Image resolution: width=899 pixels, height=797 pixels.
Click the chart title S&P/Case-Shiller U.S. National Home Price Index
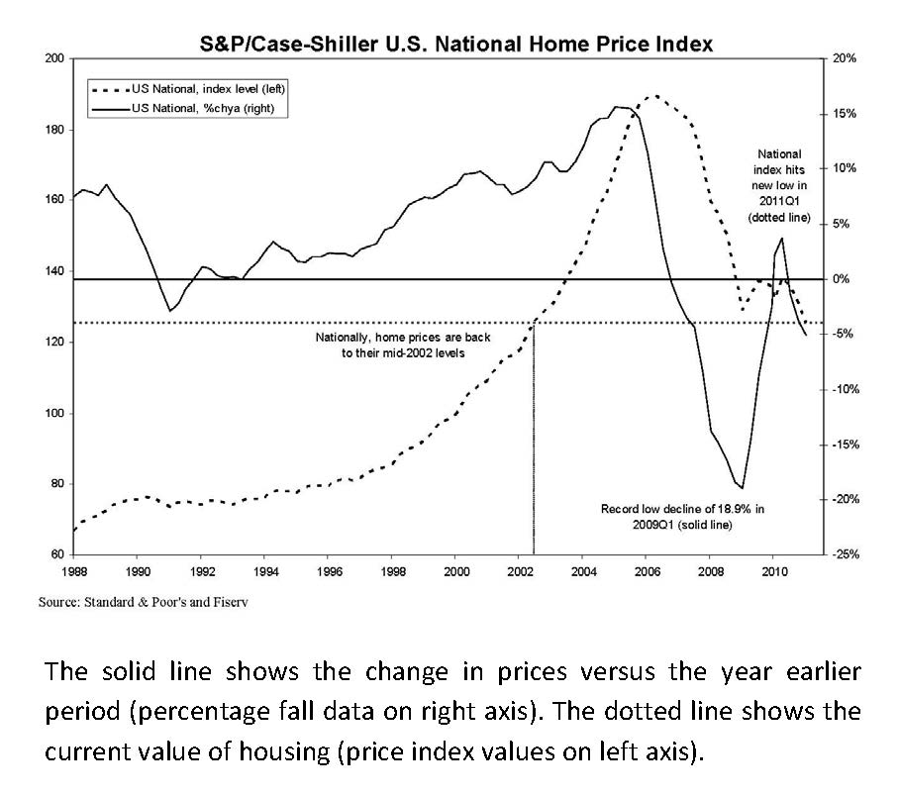click(450, 45)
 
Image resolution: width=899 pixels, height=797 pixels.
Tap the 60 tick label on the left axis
click(56, 555)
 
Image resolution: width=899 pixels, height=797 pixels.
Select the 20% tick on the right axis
click(845, 59)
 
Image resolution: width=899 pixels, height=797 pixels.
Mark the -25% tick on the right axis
click(845, 555)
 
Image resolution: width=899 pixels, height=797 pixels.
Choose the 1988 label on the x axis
click(74, 572)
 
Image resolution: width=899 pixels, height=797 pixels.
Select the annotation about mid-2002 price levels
click(390, 346)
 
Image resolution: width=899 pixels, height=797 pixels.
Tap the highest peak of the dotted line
click(653, 96)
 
